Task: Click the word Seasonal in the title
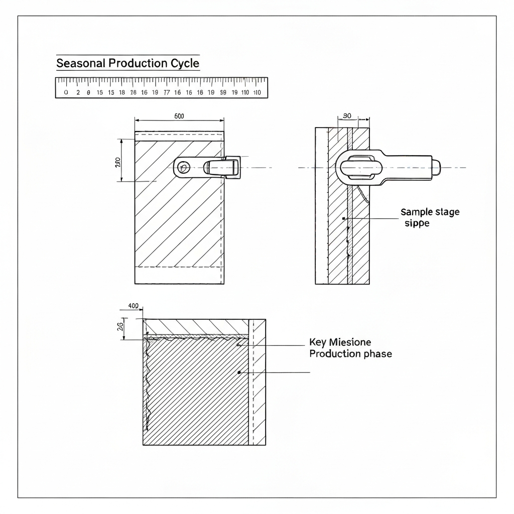coord(81,64)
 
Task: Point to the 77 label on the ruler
coord(167,93)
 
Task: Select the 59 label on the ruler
coord(223,93)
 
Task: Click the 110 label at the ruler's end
coord(257,93)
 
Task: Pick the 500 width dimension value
coord(179,116)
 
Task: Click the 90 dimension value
coord(347,116)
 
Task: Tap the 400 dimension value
coord(134,306)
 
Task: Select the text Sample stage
coord(430,212)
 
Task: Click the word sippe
coord(417,223)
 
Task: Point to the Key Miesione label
coord(340,342)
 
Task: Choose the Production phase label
coord(350,354)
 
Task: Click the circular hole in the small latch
coord(183,167)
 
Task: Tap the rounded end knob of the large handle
coord(436,167)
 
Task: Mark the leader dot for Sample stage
coord(343,219)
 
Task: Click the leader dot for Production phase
coord(239,372)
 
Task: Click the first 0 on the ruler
coord(66,93)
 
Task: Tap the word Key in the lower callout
coord(318,342)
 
